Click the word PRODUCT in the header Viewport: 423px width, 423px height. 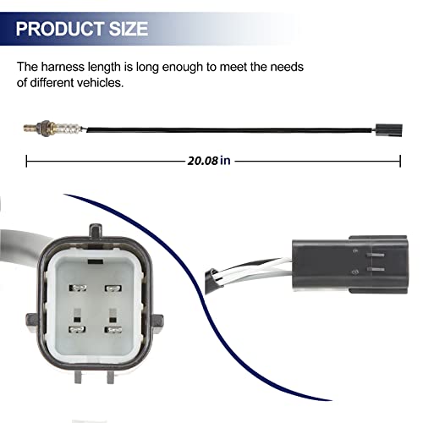60,29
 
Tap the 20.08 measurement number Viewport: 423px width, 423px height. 203,161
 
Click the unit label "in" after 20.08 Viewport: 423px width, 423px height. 225,161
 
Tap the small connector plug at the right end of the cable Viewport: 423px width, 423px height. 389,130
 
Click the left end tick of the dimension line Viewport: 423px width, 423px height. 26,161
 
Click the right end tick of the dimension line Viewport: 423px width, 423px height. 400,161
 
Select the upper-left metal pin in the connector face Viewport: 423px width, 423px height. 78,288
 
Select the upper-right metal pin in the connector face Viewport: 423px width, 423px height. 113,288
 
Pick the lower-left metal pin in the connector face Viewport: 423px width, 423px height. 77,329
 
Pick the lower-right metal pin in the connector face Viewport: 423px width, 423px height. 113,330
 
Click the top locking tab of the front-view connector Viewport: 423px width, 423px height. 96,231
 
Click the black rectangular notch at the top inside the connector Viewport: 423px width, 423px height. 96,261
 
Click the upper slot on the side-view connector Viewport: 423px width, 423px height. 376,255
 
